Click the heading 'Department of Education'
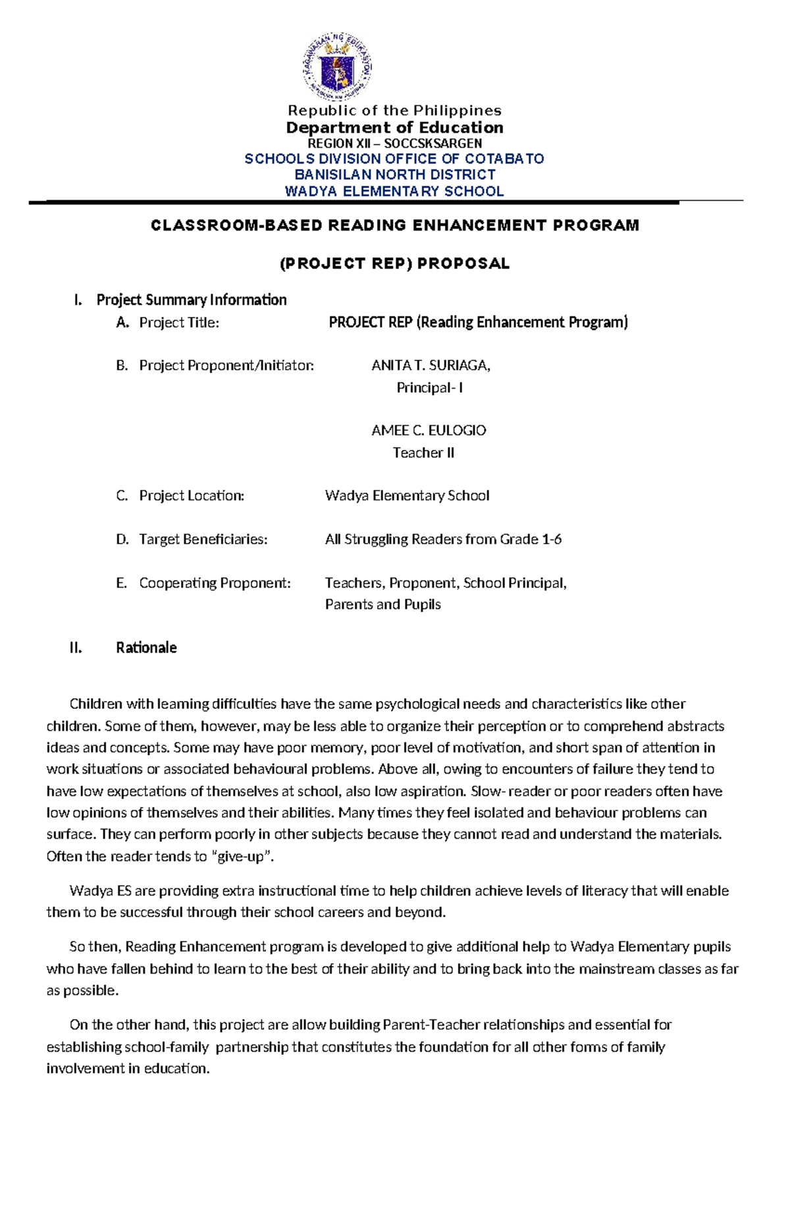point(394,127)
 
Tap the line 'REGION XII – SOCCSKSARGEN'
point(394,143)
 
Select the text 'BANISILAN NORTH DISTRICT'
point(394,175)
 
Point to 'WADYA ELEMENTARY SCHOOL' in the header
point(394,191)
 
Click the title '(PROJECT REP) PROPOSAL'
point(394,264)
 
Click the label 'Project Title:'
point(178,322)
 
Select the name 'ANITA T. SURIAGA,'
point(431,365)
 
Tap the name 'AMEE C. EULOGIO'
point(429,430)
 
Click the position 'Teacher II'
point(423,453)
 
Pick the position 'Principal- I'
point(429,387)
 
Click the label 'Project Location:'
point(191,495)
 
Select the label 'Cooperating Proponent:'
point(215,582)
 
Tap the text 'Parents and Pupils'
point(382,604)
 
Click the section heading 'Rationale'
point(146,648)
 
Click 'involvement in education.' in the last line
point(128,1068)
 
